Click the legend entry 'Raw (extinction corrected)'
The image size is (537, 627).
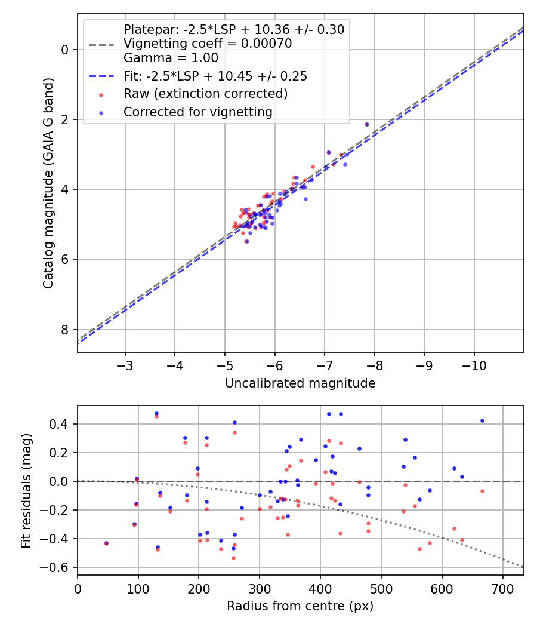click(205, 94)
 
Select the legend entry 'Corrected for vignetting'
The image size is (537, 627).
click(197, 112)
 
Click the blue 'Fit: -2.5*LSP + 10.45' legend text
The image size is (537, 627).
click(215, 76)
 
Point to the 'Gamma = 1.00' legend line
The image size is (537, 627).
click(171, 58)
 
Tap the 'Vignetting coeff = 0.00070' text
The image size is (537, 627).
click(208, 44)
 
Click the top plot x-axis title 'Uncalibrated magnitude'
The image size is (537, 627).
click(300, 383)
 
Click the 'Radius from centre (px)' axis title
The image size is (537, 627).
click(300, 606)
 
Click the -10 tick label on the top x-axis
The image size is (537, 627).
click(474, 364)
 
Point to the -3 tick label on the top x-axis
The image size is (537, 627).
click(125, 364)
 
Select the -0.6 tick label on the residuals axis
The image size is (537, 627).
click(57, 567)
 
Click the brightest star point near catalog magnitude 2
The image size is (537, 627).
click(367, 124)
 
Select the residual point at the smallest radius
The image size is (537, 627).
click(106, 543)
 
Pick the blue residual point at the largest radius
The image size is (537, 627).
click(482, 420)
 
